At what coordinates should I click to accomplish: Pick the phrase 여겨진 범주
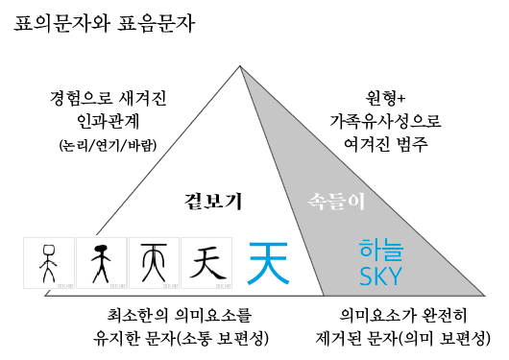[376, 145]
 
